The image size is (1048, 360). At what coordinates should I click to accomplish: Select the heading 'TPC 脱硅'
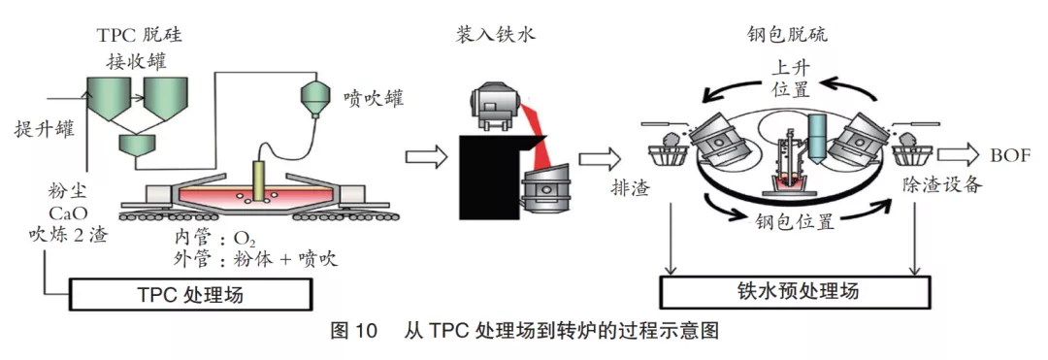click(139, 36)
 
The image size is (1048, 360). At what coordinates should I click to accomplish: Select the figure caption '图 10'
click(352, 331)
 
